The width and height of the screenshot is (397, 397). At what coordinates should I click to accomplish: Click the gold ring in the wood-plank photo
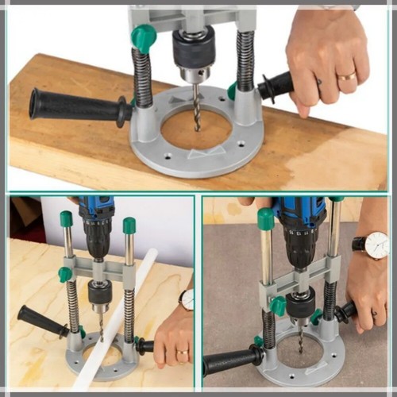click(x=347, y=76)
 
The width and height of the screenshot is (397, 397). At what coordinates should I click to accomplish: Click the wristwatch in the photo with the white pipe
click(x=187, y=299)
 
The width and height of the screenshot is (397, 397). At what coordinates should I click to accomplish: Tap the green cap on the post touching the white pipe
click(x=129, y=225)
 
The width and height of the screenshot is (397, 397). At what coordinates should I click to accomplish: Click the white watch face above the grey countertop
click(x=376, y=247)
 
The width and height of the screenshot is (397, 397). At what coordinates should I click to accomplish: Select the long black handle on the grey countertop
click(x=230, y=361)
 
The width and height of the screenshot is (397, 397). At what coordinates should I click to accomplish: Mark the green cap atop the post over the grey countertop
click(x=266, y=219)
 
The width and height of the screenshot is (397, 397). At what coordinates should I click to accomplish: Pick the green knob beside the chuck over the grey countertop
click(x=278, y=306)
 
